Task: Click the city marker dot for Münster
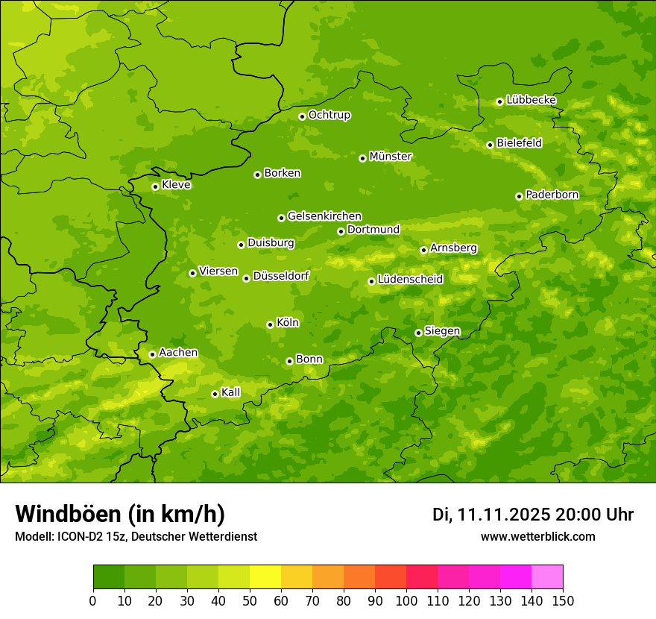[362, 158]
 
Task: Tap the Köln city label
[288, 323]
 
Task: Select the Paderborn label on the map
[552, 195]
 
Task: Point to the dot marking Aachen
[152, 354]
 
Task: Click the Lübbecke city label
[531, 100]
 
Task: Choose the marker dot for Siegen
[418, 333]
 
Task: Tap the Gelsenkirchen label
[324, 216]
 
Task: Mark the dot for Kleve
[155, 186]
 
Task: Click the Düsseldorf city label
[280, 277]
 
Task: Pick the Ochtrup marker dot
[302, 116]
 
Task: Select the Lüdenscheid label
[410, 280]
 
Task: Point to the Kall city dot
[215, 394]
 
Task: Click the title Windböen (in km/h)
[120, 514]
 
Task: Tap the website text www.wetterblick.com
[537, 537]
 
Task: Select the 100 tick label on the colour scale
[406, 600]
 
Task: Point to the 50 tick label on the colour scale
[249, 600]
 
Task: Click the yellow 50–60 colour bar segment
[265, 577]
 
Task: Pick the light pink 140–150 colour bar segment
[547, 577]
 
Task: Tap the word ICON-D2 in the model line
[77, 537]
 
